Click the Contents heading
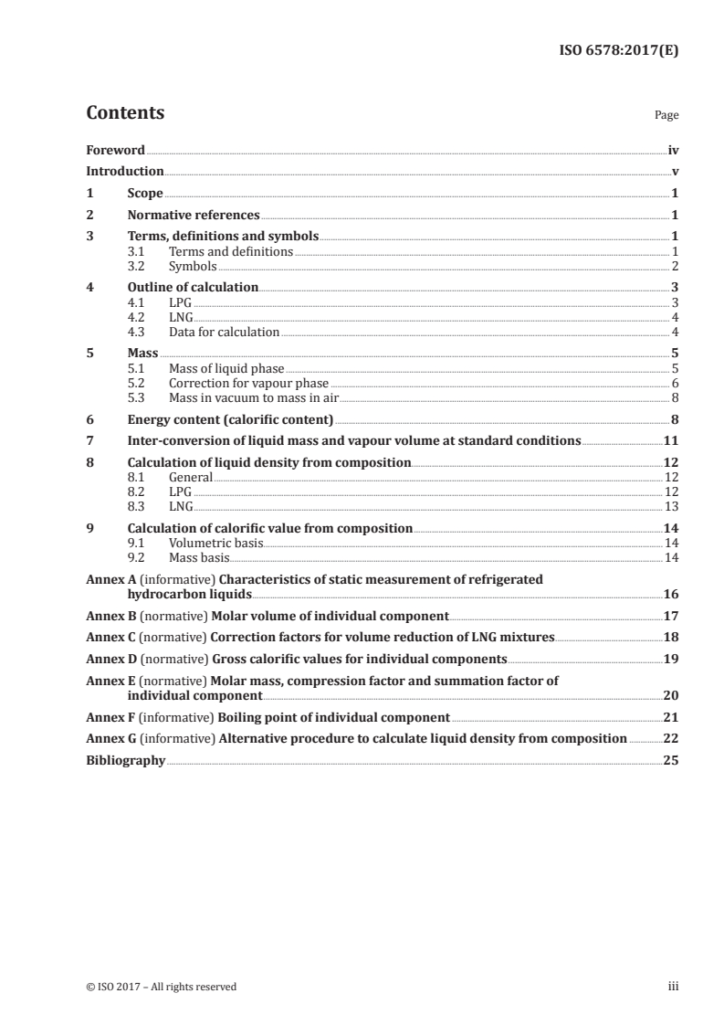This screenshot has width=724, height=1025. click(125, 113)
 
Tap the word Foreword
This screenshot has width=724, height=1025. click(115, 150)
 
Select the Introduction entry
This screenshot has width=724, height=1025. click(124, 172)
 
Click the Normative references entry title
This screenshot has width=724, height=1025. click(194, 216)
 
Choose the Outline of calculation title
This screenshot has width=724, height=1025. click(193, 288)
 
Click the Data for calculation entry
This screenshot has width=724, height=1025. click(224, 332)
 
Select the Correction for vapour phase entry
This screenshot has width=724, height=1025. click(248, 384)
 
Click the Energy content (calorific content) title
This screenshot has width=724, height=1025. click(230, 419)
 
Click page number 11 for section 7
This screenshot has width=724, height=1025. click(670, 441)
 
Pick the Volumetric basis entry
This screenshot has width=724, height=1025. click(215, 543)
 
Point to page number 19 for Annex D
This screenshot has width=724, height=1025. click(670, 659)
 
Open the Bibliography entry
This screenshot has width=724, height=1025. click(125, 760)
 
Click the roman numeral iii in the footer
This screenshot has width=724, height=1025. click(673, 987)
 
